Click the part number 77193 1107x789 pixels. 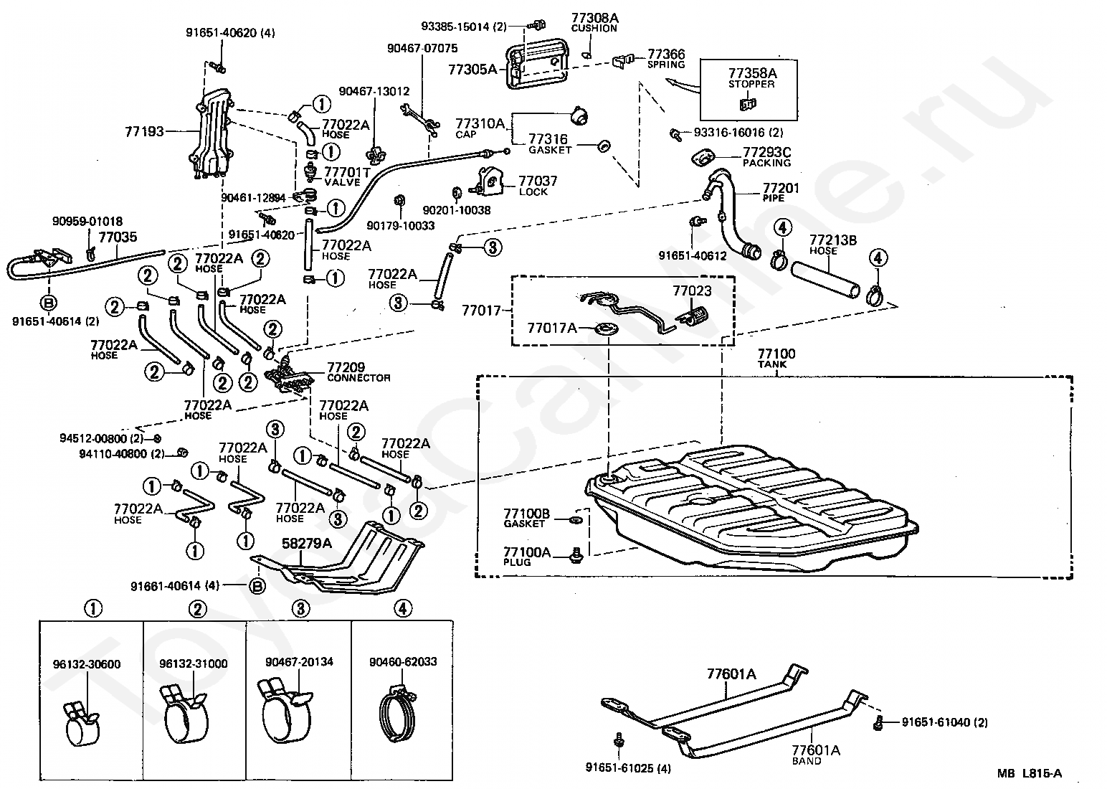click(144, 131)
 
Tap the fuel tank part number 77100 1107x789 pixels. click(776, 354)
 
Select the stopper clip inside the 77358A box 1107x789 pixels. click(748, 104)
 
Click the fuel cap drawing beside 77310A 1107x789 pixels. click(579, 115)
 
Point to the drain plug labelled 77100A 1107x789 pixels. click(576, 555)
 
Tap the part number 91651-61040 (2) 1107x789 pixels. click(944, 722)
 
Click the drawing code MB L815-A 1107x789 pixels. click(1029, 773)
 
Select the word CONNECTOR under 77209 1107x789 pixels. click(358, 378)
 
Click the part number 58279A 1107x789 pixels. click(306, 543)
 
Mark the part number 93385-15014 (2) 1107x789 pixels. click(464, 27)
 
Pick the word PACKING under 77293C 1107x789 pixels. click(766, 163)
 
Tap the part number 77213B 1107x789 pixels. click(832, 240)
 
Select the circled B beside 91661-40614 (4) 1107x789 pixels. click(257, 586)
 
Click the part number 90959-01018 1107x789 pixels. click(87, 221)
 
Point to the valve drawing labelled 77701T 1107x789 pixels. click(311, 171)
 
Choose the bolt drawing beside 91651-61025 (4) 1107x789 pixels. click(618, 740)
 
